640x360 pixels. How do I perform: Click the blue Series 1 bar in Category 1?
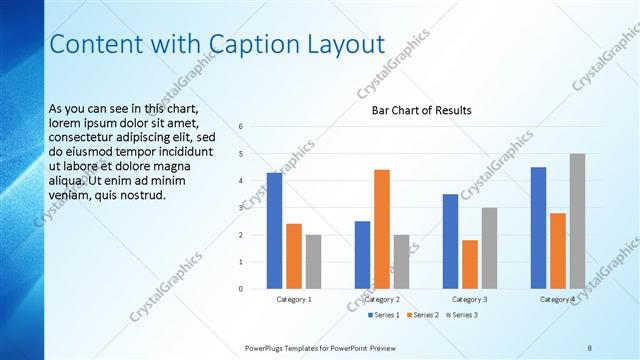click(x=274, y=231)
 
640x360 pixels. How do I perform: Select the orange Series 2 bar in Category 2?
click(x=382, y=229)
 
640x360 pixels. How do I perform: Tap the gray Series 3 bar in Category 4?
click(x=578, y=221)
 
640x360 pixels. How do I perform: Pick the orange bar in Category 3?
click(x=470, y=264)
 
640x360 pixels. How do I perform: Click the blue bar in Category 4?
click(x=538, y=228)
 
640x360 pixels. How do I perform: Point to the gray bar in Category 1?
click(x=313, y=262)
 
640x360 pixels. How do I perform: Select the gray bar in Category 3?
click(x=489, y=248)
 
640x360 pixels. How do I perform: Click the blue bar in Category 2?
click(x=362, y=255)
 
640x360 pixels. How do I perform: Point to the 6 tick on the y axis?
click(x=241, y=127)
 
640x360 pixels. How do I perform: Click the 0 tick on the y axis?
click(x=241, y=289)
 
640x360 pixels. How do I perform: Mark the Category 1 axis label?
click(x=294, y=299)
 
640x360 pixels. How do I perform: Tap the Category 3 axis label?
click(x=470, y=299)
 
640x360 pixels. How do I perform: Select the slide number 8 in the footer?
click(x=590, y=347)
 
